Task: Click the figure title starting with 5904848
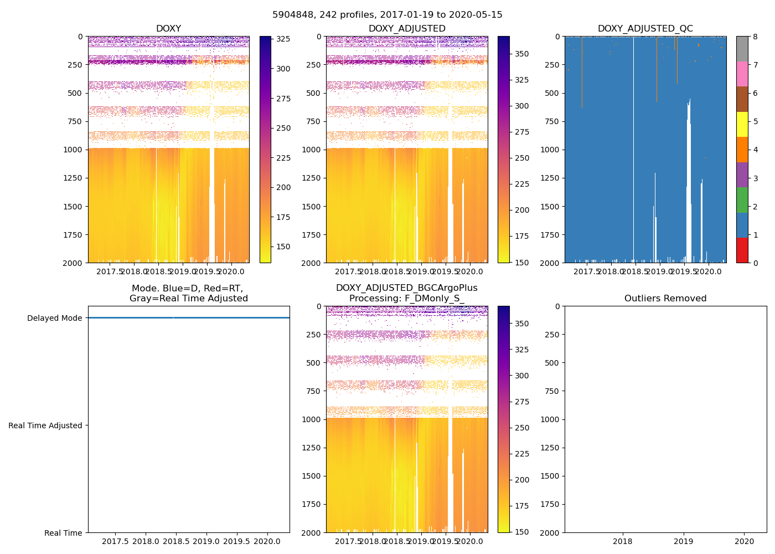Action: [387, 15]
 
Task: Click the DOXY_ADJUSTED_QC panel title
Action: [645, 29]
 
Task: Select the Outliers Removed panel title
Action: [665, 299]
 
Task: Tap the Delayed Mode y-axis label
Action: [54, 318]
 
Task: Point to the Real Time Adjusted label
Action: [45, 425]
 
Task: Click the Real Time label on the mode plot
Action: [63, 533]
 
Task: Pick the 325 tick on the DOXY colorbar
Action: [283, 39]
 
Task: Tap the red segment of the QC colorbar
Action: [742, 250]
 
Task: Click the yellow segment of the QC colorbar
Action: [742, 124]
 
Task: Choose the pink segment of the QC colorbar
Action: [742, 74]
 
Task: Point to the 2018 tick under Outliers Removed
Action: [623, 541]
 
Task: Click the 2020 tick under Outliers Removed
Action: [744, 541]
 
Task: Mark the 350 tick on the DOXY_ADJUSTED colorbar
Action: [521, 54]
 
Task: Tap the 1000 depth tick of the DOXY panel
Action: [74, 150]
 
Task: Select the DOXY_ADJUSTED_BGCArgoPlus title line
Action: [406, 288]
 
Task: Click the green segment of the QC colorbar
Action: [742, 199]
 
